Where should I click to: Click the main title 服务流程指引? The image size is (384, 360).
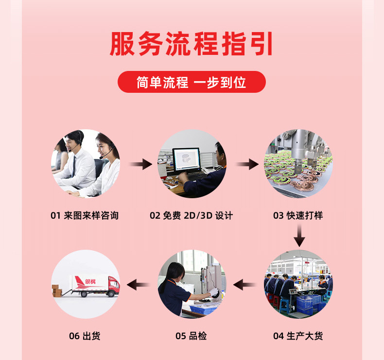[191, 44]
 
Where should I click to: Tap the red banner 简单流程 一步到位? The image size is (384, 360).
[192, 82]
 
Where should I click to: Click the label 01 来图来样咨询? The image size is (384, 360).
[85, 215]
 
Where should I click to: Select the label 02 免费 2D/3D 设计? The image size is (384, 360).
[191, 215]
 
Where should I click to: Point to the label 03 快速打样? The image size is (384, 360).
[298, 215]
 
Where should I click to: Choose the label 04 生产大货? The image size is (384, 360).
[298, 336]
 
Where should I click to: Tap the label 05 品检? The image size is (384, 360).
[191, 336]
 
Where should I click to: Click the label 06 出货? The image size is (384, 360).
[85, 336]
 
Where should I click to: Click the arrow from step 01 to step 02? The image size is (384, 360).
[140, 164]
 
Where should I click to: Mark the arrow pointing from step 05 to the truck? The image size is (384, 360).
[138, 285]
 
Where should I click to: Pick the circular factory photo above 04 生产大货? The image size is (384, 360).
[298, 284]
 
